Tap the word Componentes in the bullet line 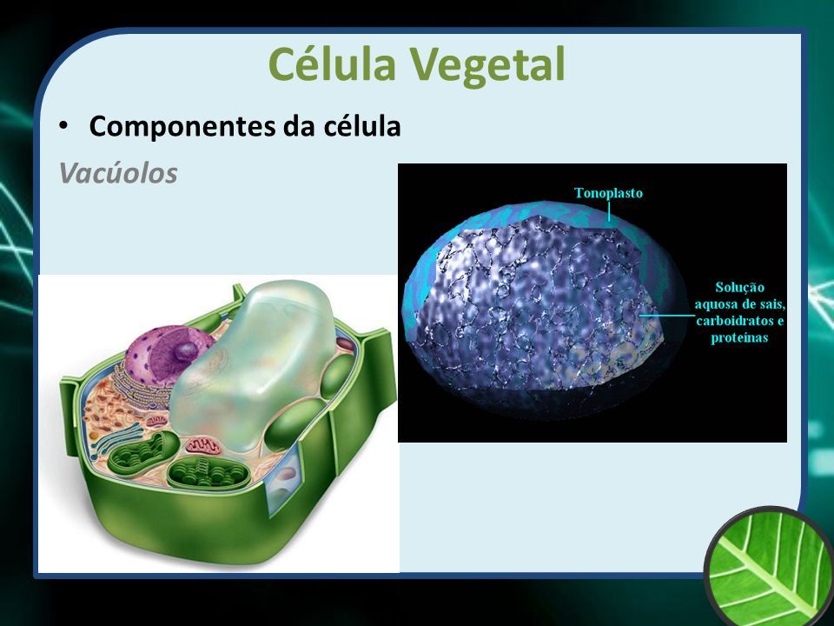pyautogui.click(x=182, y=128)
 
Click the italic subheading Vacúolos pyautogui.click(x=117, y=173)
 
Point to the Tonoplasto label pyautogui.click(x=608, y=193)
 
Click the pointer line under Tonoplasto pyautogui.click(x=609, y=212)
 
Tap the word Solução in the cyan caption pyautogui.click(x=739, y=288)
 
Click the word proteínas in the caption pyautogui.click(x=739, y=337)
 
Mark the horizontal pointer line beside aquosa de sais pyautogui.click(x=667, y=316)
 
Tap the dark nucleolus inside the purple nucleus pyautogui.click(x=186, y=351)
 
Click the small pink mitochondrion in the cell pyautogui.click(x=202, y=446)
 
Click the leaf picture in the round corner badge pyautogui.click(x=771, y=567)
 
